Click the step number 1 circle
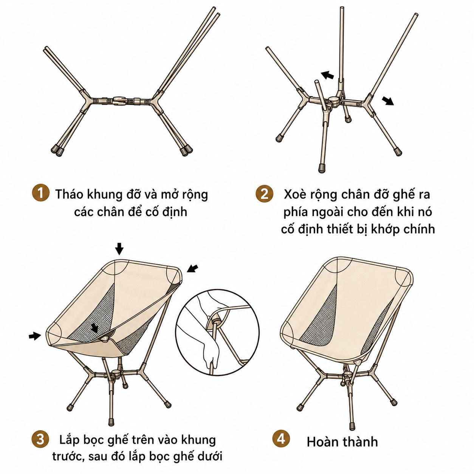(40, 193)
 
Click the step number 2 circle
(264, 194)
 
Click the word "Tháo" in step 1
(70, 194)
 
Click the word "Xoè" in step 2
(294, 194)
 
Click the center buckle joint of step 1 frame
(120, 101)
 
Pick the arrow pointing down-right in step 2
(388, 101)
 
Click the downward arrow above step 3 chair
(119, 249)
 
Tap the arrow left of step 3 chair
(35, 336)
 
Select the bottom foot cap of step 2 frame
(322, 169)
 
